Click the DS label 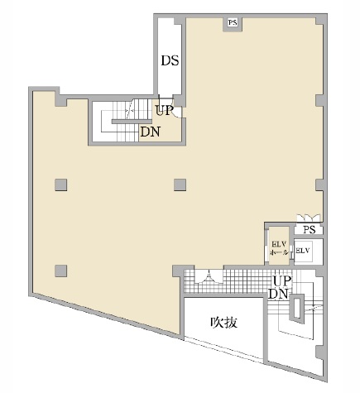pos(170,60)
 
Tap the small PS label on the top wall pos(233,22)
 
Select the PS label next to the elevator pos(310,229)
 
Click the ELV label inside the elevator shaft pos(303,251)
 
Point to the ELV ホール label pos(279,248)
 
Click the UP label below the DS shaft pos(164,110)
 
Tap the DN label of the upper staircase pos(150,132)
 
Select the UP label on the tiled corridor pos(282,281)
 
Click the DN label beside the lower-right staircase pos(279,294)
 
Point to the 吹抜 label pos(223,322)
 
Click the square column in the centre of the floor pos(180,185)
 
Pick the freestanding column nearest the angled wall pos(60,271)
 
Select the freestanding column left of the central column pos(60,185)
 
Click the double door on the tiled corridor pos(209,276)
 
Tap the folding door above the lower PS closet pos(309,218)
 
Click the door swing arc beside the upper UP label pos(179,113)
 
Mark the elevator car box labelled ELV pos(304,251)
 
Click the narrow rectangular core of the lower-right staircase pos(296,308)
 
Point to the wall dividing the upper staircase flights pos(132,122)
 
